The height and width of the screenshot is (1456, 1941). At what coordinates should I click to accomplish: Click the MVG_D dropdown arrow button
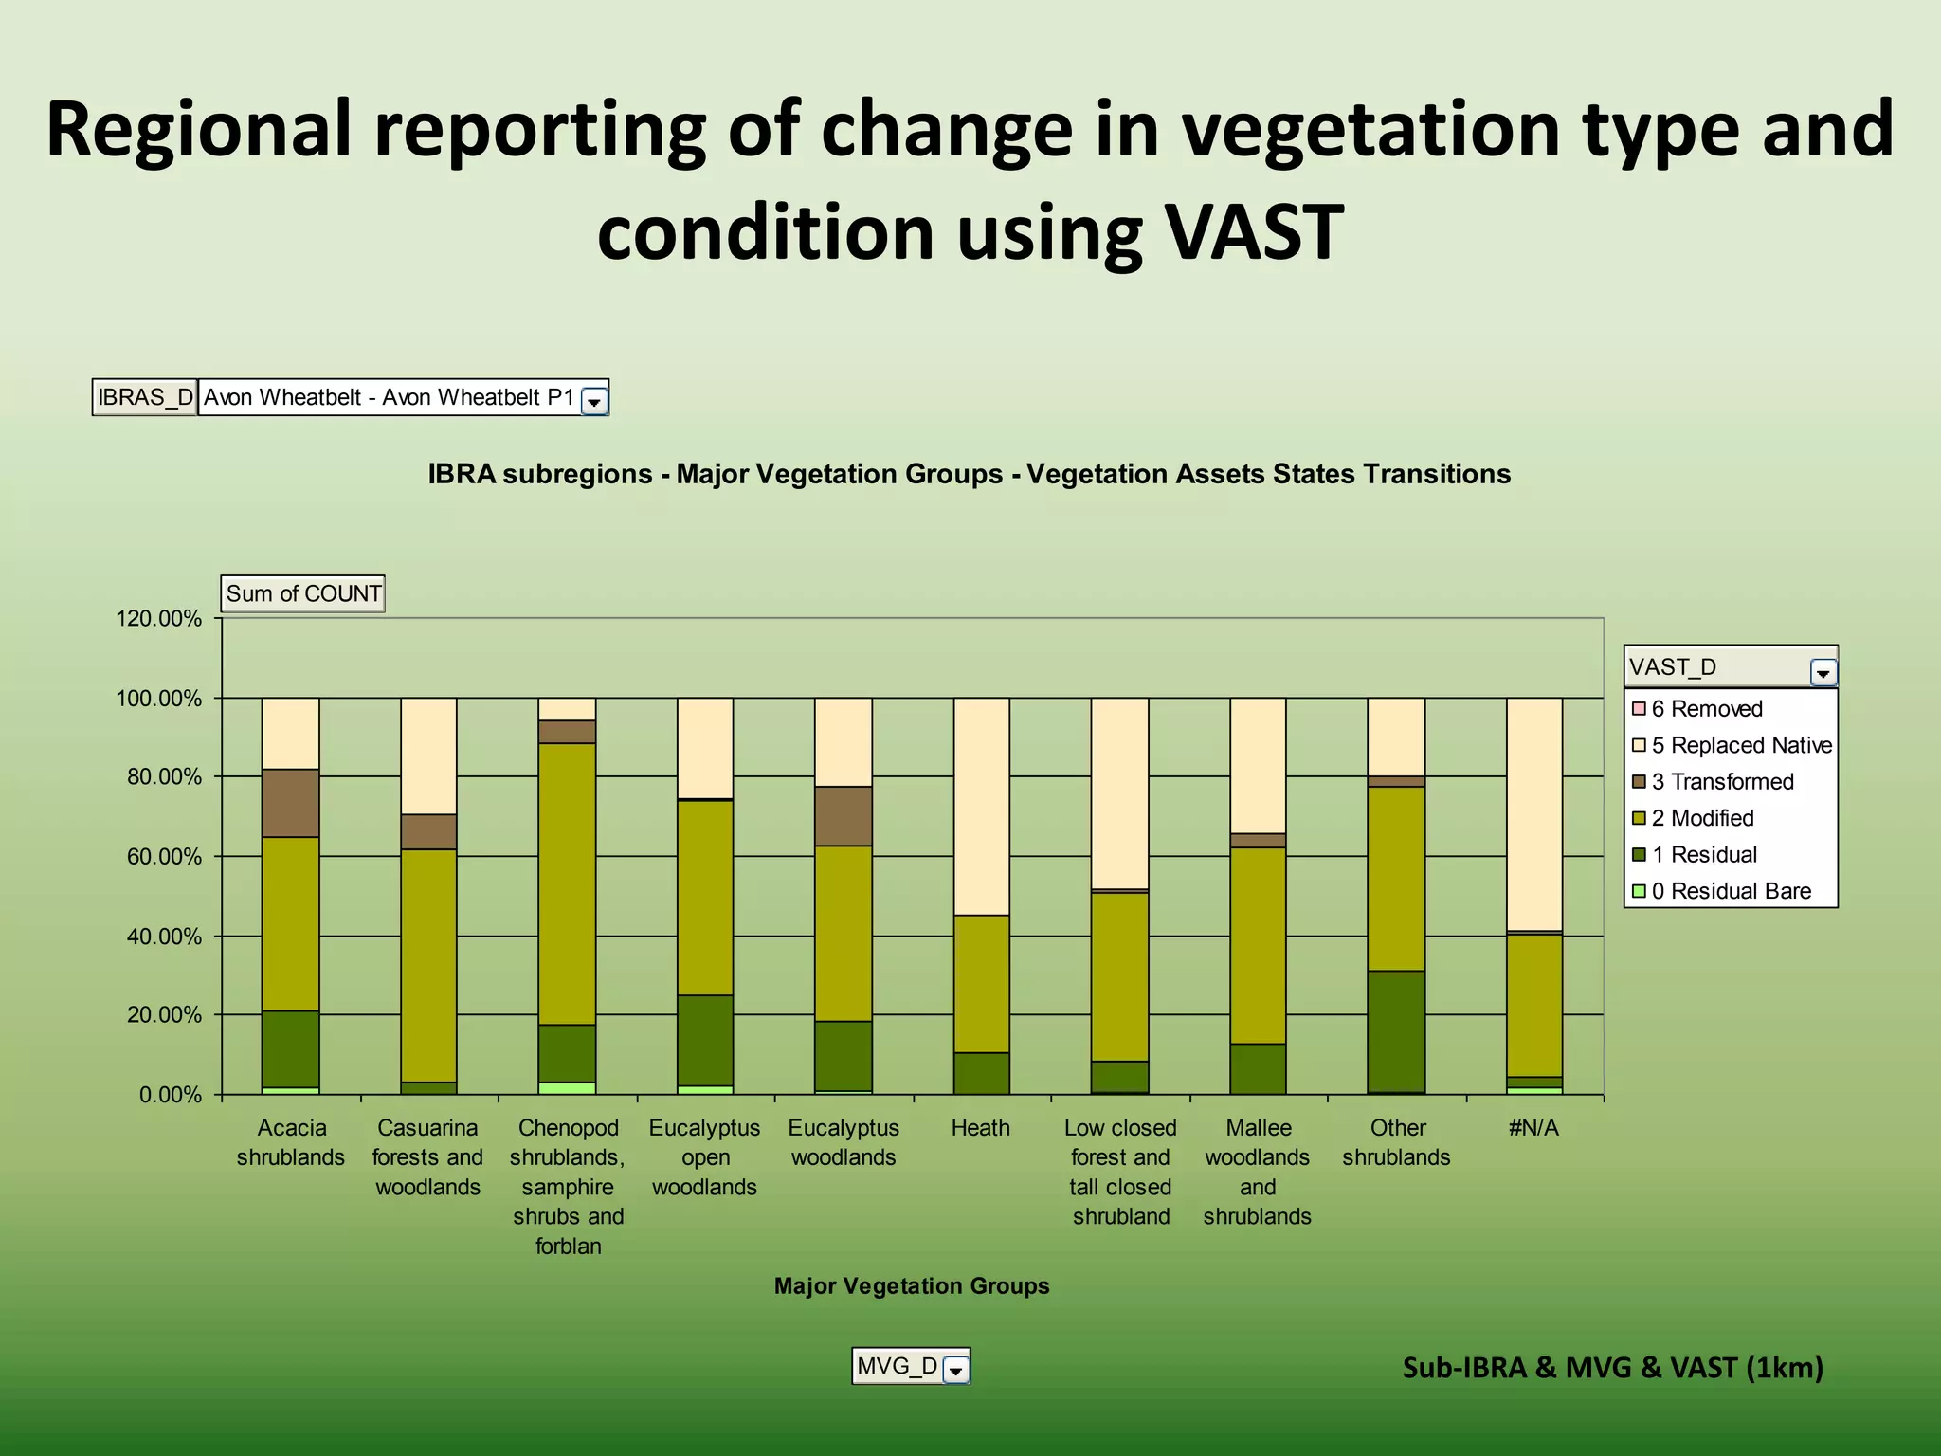coord(956,1370)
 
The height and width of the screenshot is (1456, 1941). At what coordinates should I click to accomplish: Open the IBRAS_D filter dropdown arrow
coord(594,401)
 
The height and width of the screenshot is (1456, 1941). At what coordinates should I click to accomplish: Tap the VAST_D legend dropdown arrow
coord(1823,672)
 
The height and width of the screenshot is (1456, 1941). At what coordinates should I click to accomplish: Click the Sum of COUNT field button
coord(303,593)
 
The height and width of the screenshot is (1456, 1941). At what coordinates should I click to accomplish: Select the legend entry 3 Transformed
coord(1721,782)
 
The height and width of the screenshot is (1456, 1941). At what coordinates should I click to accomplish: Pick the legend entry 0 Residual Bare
coord(1730,891)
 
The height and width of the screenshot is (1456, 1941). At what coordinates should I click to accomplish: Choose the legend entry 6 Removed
coord(1705,709)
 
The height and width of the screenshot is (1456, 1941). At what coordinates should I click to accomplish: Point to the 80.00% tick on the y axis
coord(158,777)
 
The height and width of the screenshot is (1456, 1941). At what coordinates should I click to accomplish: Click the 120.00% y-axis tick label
coord(158,619)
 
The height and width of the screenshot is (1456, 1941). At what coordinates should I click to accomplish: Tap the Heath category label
coord(981,1128)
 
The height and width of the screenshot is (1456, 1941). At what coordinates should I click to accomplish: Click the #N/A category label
coord(1533,1128)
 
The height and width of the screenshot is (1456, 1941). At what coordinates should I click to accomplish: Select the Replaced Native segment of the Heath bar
coord(981,806)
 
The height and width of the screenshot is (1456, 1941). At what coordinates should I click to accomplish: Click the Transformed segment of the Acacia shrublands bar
coord(291,803)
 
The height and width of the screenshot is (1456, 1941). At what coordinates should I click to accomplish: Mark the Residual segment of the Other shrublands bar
coord(1396,1031)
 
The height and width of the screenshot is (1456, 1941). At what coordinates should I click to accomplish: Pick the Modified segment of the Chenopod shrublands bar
coord(567,883)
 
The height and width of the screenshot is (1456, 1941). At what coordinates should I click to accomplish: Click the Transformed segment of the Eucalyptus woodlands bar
coord(844,816)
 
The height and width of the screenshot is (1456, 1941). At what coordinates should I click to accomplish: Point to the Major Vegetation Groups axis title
coord(912,1286)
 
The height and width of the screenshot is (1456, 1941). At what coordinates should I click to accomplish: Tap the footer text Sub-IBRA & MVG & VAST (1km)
coord(1612,1367)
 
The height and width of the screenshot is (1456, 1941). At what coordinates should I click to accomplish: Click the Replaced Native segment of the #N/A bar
coord(1534,815)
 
